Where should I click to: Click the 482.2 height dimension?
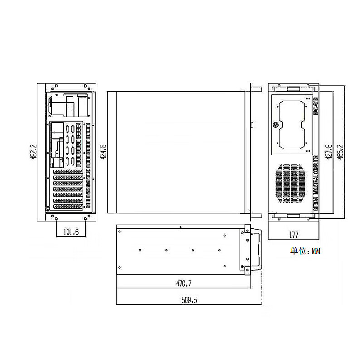point(32,152)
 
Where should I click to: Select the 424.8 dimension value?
point(103,152)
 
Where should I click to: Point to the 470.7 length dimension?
point(184,284)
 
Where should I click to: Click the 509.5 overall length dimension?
point(189,300)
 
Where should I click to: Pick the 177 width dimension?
point(294,235)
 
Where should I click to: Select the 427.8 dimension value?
point(329,152)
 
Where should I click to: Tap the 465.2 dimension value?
point(340,152)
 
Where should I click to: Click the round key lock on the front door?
point(275,125)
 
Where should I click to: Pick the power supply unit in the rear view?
point(68,106)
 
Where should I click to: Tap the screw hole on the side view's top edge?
point(181,227)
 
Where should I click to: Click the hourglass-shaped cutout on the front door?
point(290,126)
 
